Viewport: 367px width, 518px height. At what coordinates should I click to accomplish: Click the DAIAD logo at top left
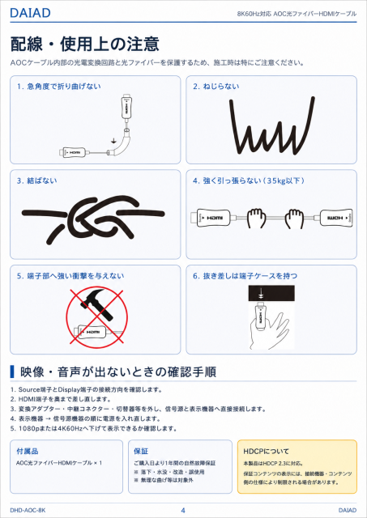pyautogui.click(x=30, y=13)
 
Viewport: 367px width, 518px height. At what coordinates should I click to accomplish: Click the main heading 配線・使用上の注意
pyautogui.click(x=85, y=44)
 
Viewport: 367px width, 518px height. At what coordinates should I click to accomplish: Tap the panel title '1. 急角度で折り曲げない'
pyautogui.click(x=59, y=87)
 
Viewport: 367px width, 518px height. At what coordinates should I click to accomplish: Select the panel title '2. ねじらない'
pyautogui.click(x=216, y=87)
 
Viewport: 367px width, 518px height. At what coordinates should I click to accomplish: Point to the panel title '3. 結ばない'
pyautogui.click(x=36, y=180)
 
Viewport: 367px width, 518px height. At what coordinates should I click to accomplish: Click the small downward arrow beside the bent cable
pyautogui.click(x=113, y=140)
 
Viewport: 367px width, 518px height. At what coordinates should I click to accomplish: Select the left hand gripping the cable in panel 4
pyautogui.click(x=257, y=218)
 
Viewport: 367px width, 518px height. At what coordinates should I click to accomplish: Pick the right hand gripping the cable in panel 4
pyautogui.click(x=295, y=218)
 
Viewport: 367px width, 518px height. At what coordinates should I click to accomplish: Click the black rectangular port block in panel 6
pyautogui.click(x=271, y=293)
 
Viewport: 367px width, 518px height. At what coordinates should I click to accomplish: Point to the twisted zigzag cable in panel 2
pyautogui.click(x=271, y=126)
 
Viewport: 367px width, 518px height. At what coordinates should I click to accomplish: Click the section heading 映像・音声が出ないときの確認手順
pyautogui.click(x=118, y=372)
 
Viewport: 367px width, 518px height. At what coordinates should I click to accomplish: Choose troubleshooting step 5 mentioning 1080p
pyautogui.click(x=93, y=428)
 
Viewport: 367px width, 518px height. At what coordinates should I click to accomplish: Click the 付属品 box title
pyautogui.click(x=28, y=452)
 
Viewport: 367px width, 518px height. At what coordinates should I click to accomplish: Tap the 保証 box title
pyautogui.click(x=141, y=452)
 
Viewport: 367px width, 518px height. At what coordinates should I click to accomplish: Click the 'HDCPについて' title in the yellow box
pyautogui.click(x=267, y=452)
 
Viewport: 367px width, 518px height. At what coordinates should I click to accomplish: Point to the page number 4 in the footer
pyautogui.click(x=183, y=511)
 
